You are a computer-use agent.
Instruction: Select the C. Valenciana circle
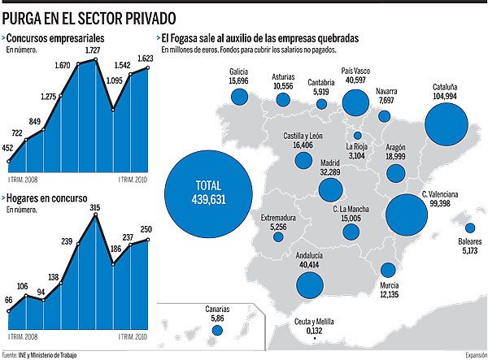[x=407, y=215]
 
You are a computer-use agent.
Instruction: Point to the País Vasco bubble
[x=355, y=102]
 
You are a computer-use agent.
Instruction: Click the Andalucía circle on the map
[x=309, y=284]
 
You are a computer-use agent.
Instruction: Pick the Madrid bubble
[x=330, y=189]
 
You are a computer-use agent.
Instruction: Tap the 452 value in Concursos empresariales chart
[x=9, y=148]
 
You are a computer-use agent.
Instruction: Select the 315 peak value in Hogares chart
[x=95, y=208]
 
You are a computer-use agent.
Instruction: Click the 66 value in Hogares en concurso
[x=9, y=301]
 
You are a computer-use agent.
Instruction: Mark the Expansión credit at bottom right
[x=475, y=354]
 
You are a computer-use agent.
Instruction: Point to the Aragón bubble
[x=396, y=172]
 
